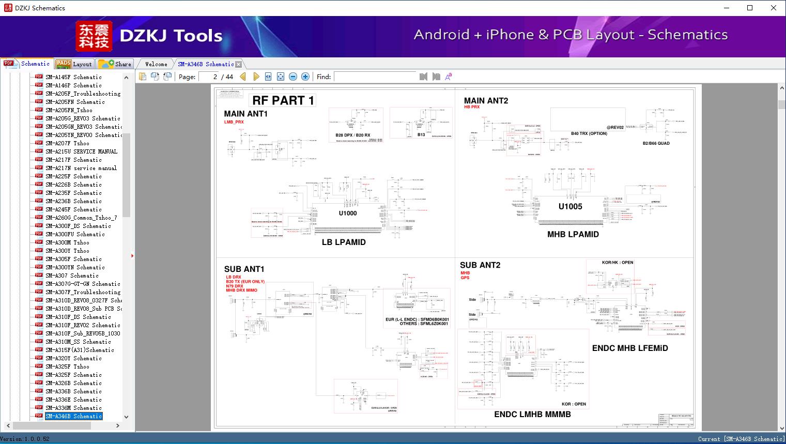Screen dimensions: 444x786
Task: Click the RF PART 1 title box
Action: click(283, 100)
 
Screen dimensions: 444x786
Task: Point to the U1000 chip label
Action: click(348, 213)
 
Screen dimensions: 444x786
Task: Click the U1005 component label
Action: click(570, 206)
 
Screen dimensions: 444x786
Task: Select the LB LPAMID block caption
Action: click(344, 242)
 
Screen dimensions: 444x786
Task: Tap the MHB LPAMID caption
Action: click(573, 234)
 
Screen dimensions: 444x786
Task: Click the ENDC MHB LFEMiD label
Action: click(630, 348)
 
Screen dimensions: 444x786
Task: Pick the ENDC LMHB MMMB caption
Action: click(532, 414)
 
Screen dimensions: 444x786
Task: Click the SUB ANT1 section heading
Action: click(244, 269)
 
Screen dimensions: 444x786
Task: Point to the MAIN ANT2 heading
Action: click(486, 101)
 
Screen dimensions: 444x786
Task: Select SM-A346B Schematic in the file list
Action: click(73, 416)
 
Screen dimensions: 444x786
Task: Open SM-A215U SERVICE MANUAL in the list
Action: click(81, 151)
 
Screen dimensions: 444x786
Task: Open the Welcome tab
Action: click(156, 64)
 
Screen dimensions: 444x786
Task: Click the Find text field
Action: click(375, 76)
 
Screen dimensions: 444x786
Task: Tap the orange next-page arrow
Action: click(256, 76)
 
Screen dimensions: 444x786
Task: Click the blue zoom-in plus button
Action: click(305, 76)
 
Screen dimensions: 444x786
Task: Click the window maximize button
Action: click(750, 8)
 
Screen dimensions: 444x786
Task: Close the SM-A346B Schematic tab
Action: click(239, 64)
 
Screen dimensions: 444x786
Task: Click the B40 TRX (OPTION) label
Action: click(589, 133)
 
